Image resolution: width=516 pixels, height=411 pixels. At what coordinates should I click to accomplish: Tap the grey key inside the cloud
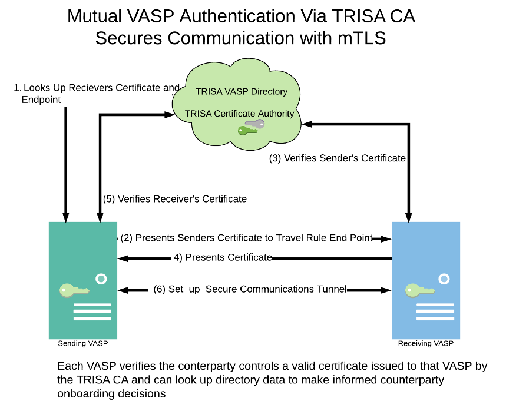point(254,124)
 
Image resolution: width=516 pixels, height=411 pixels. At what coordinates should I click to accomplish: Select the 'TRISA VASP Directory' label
point(242,91)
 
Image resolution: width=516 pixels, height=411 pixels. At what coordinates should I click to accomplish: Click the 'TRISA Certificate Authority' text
point(239,113)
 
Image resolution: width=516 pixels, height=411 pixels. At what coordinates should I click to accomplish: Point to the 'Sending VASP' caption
point(83,343)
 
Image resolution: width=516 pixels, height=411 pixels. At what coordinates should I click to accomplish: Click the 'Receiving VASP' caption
point(426,343)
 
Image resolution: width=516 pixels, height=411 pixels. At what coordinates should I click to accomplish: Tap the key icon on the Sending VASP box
point(74,289)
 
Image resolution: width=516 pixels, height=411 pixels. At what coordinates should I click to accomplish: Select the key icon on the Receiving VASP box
point(419,290)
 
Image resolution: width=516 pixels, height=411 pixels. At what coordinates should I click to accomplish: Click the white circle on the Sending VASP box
point(101,278)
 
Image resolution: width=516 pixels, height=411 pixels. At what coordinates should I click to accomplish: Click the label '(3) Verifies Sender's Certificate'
point(338,158)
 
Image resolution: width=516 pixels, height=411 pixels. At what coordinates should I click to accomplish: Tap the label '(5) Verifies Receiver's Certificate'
point(175,198)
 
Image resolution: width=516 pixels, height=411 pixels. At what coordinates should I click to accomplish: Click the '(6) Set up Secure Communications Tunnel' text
point(249,289)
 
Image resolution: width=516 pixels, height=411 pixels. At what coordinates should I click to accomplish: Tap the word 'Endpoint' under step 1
point(41,100)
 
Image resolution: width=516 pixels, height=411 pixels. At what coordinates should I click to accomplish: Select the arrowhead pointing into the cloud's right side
point(307,124)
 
